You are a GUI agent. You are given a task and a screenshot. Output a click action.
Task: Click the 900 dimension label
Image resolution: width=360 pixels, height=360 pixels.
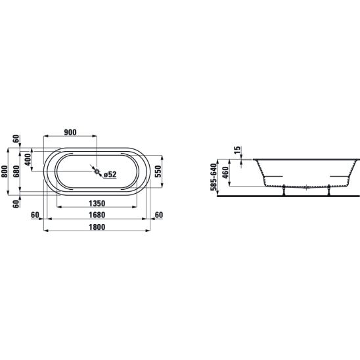[70, 132]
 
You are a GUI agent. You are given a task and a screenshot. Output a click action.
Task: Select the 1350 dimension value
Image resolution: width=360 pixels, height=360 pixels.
[97, 204]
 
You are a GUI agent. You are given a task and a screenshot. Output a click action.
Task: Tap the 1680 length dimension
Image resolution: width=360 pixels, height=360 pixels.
[97, 215]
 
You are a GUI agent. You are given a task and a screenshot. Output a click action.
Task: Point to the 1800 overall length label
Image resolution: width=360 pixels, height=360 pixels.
[97, 227]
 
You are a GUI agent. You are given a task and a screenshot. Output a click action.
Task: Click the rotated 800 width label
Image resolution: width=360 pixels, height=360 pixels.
[5, 171]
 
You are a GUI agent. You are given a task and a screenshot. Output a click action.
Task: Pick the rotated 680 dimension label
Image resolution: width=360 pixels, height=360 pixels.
[16, 171]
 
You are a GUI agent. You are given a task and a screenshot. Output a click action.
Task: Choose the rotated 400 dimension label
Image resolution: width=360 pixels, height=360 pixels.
[28, 160]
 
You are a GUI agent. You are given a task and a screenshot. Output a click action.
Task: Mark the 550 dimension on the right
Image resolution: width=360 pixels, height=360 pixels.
[158, 171]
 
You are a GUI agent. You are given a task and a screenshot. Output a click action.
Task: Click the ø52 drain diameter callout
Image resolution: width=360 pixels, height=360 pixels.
[110, 175]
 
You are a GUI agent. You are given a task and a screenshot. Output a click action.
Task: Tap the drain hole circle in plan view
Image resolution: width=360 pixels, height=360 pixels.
[97, 171]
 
